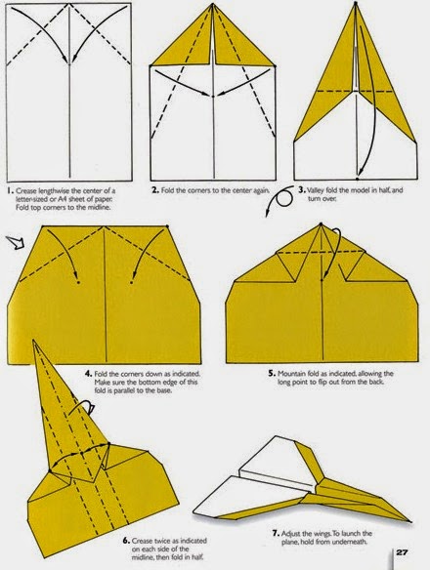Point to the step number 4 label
(x=88, y=372)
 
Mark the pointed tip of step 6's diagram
(x=37, y=343)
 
